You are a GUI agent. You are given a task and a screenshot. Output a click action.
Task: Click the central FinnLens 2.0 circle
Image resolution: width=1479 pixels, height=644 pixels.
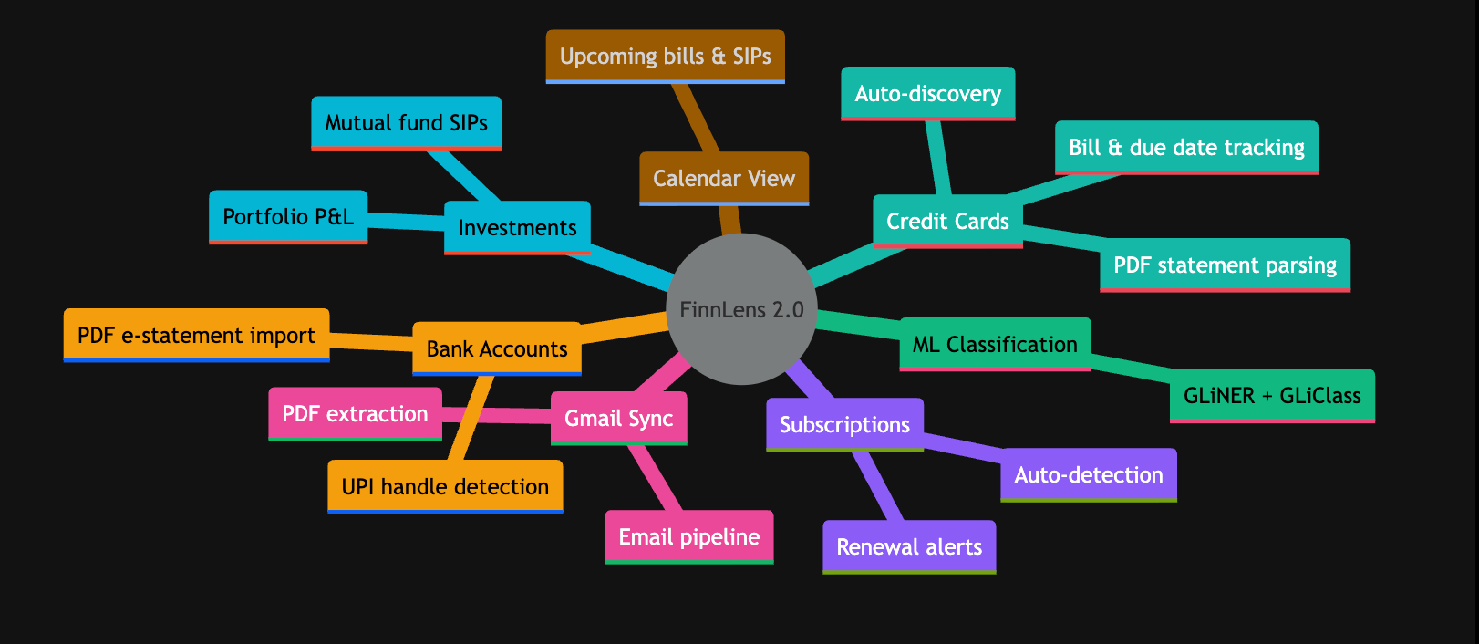coord(741,309)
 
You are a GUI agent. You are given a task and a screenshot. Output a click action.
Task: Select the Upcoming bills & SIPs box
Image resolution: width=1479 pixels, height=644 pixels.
coord(666,57)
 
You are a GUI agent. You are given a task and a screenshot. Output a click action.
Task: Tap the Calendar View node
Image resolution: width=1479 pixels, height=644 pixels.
coord(724,179)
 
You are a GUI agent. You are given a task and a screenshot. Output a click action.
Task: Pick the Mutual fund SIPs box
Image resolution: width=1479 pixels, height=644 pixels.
coord(406,123)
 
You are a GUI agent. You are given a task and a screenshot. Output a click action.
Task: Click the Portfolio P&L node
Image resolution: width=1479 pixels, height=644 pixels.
coord(288,217)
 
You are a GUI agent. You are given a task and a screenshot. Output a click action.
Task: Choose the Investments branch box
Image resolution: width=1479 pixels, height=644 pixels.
coord(517,228)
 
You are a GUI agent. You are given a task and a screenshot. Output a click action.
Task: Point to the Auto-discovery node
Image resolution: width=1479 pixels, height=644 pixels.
coord(927,94)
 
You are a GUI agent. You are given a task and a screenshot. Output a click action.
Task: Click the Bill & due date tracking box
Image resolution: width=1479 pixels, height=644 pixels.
coord(1186,148)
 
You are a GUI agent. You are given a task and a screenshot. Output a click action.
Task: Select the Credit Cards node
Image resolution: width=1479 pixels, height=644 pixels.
coord(947,222)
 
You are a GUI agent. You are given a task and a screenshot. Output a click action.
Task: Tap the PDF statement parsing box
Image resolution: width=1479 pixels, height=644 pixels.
coord(1225,265)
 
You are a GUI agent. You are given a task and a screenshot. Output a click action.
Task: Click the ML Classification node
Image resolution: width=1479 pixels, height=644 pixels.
coord(995,344)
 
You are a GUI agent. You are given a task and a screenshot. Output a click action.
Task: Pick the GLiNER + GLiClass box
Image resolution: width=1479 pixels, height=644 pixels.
coord(1272,396)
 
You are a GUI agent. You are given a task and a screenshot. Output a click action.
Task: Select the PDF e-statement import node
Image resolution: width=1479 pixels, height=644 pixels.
coord(196,336)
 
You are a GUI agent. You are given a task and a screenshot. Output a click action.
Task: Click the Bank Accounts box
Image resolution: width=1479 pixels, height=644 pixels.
coord(497,348)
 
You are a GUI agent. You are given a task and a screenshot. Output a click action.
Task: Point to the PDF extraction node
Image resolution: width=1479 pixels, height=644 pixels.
coord(356,414)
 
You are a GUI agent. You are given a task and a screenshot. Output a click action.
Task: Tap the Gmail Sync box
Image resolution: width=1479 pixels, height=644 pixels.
coord(618,419)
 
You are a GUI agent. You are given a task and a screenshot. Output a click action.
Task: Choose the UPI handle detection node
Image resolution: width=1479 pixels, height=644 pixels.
coord(445,487)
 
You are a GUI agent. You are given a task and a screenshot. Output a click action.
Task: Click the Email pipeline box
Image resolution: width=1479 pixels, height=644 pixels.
coord(689,537)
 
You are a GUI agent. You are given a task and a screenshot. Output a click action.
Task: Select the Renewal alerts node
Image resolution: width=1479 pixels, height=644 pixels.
coord(909,547)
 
